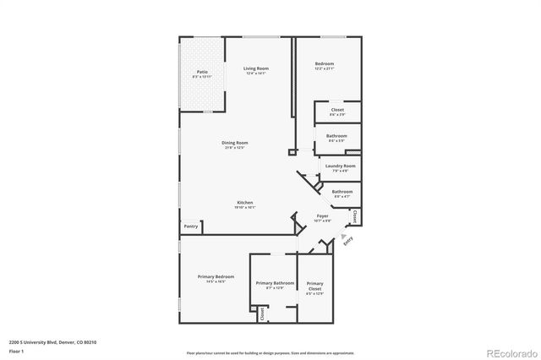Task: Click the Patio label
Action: [203, 73]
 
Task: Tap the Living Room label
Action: [255, 68]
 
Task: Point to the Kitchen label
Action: [245, 202]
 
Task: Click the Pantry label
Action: [191, 226]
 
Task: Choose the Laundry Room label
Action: [340, 166]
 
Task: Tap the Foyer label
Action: [322, 216]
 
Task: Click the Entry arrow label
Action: [346, 240]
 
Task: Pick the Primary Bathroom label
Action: [275, 283]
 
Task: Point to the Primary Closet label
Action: [314, 286]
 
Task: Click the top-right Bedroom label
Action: [325, 64]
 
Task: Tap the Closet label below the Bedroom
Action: [337, 110]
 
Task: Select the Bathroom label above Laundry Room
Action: [336, 136]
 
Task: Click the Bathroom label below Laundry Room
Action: [342, 192]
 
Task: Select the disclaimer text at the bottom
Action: [270, 352]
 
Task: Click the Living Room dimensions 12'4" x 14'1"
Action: [255, 74]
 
